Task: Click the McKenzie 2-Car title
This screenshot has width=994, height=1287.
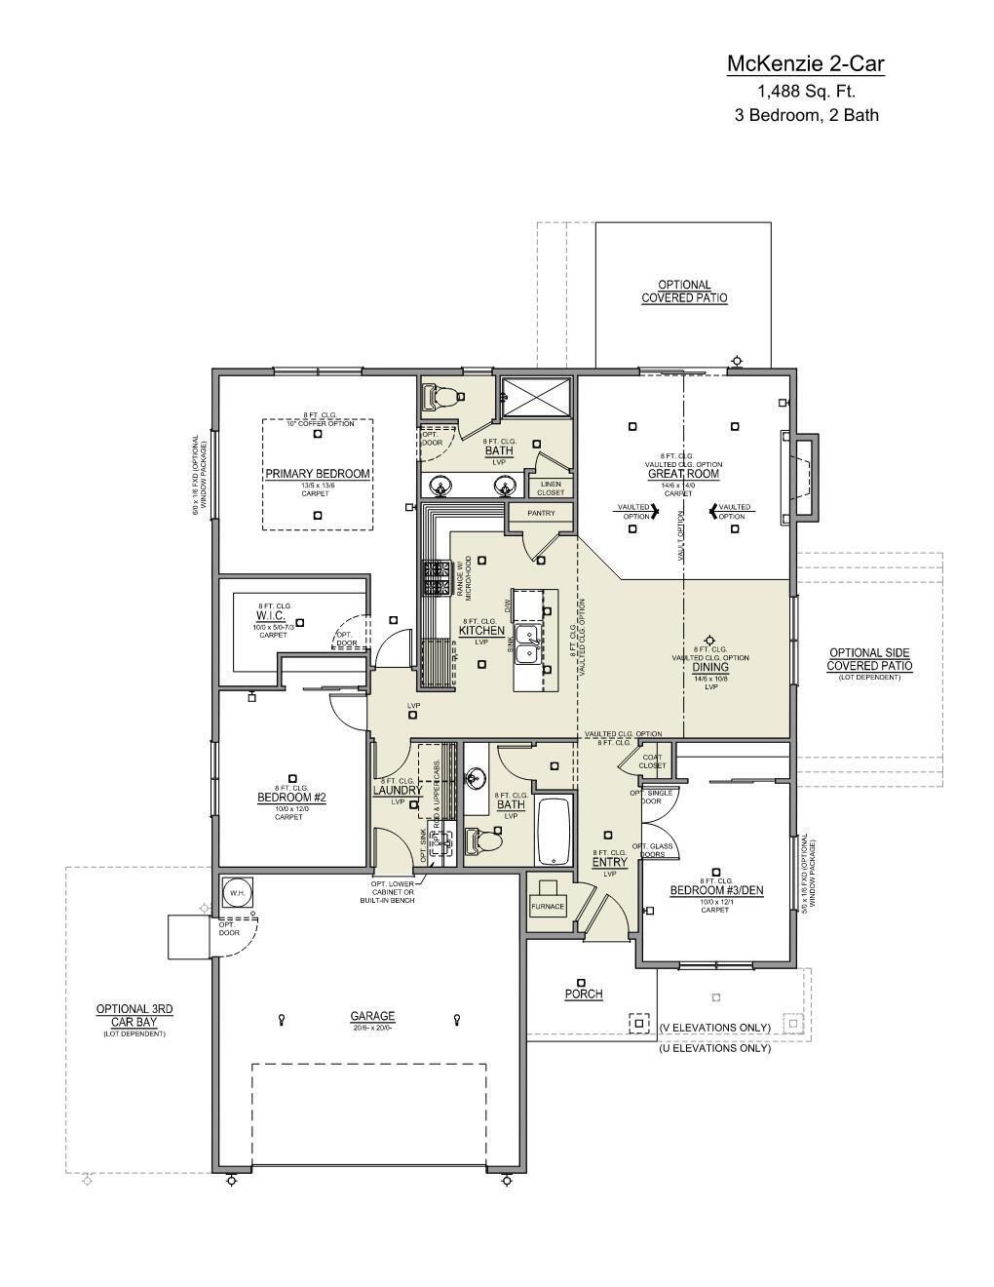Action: click(x=805, y=64)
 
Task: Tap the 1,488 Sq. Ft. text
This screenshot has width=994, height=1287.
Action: click(x=806, y=92)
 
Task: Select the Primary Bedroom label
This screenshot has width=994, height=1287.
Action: click(x=318, y=474)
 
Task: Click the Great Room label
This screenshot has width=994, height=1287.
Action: click(x=683, y=474)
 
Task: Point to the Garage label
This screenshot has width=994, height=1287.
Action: click(x=372, y=1016)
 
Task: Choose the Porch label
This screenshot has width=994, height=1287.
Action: click(x=584, y=994)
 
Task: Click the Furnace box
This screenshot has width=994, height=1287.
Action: click(x=548, y=906)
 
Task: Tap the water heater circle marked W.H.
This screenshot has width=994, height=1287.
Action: click(x=237, y=892)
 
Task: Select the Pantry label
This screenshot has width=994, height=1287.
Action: click(x=541, y=513)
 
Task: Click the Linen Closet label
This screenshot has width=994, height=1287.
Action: click(x=551, y=487)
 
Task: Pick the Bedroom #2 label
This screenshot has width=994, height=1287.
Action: click(x=291, y=798)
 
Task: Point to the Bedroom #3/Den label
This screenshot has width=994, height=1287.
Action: click(x=715, y=890)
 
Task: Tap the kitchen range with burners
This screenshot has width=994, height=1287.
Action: click(x=436, y=578)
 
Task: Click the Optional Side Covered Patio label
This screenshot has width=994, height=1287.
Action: click(x=869, y=659)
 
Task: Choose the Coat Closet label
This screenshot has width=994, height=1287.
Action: click(x=653, y=760)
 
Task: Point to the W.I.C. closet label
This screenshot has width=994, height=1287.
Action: click(x=271, y=615)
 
